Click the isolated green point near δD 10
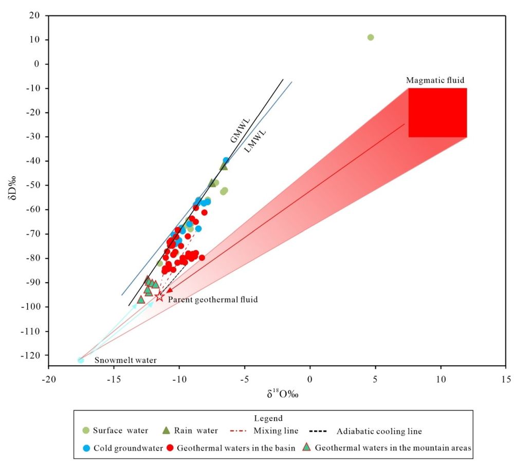tap(371, 38)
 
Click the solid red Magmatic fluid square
tap(437, 113)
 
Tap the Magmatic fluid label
tap(435, 80)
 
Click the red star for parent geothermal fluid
tap(159, 297)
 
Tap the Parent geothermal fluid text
tap(213, 299)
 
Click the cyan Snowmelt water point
tap(81, 360)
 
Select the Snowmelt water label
tap(125, 361)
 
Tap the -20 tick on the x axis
tap(48, 378)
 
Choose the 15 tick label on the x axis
tap(506, 378)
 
